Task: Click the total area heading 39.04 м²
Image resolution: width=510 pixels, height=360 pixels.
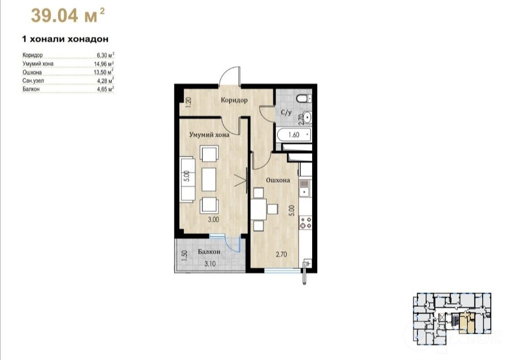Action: click(x=68, y=15)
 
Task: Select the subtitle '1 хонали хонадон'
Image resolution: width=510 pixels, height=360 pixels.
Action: click(x=65, y=39)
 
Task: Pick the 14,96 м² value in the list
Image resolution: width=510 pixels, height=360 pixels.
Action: click(x=104, y=63)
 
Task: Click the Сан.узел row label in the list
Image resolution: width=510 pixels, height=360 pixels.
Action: click(x=33, y=80)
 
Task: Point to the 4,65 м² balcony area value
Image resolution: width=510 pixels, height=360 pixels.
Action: click(x=106, y=89)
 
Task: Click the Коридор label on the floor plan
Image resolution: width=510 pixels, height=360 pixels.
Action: click(x=234, y=100)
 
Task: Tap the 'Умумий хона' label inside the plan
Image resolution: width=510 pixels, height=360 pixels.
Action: click(x=210, y=134)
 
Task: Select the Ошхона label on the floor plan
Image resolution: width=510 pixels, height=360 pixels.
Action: click(x=278, y=180)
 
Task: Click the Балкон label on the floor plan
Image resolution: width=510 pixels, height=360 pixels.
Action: click(x=209, y=252)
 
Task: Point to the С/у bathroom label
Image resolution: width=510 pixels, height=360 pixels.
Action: click(x=286, y=112)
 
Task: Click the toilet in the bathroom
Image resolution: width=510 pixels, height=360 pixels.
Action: click(x=304, y=98)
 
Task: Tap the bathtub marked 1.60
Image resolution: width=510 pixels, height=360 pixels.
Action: click(x=294, y=134)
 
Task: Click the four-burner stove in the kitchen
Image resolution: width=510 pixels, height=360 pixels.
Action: click(x=305, y=223)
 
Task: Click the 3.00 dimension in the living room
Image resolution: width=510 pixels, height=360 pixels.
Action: click(x=213, y=219)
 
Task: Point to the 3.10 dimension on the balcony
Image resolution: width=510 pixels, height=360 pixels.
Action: click(x=210, y=264)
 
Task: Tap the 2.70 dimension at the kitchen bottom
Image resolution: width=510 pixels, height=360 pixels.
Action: click(x=281, y=254)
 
